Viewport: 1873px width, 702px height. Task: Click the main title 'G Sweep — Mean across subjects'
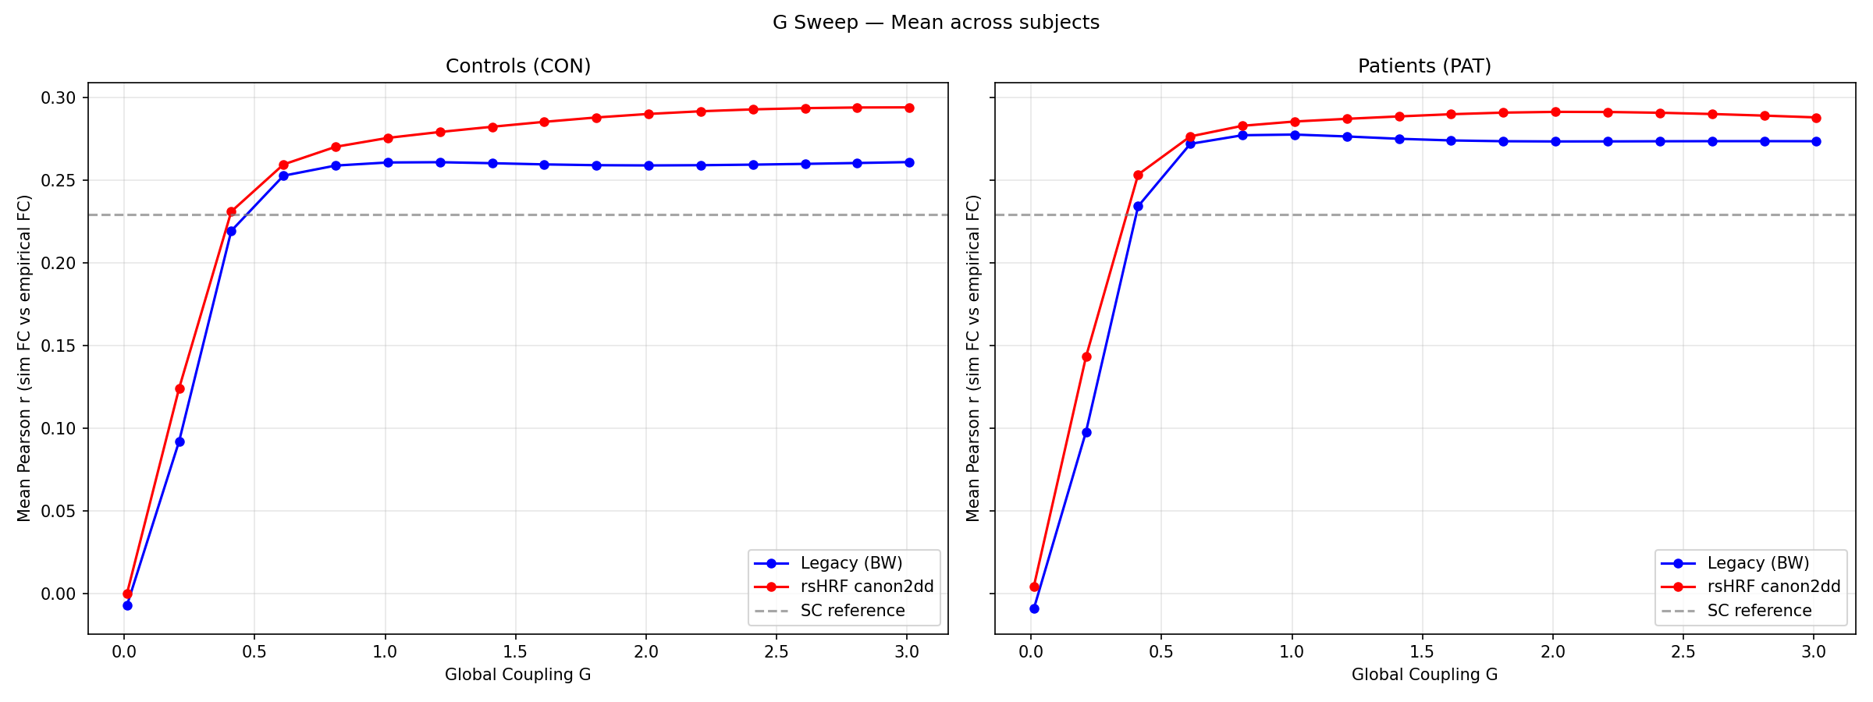tap(936, 23)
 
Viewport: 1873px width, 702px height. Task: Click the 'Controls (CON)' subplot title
tap(518, 66)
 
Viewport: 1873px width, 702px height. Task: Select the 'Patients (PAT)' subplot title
tap(1424, 66)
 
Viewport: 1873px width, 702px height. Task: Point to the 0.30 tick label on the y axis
tap(59, 98)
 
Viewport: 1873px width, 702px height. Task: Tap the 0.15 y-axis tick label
tap(59, 346)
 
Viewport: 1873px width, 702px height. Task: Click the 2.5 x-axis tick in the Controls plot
tap(776, 652)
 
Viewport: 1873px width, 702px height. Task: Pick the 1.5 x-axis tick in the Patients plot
tap(1422, 652)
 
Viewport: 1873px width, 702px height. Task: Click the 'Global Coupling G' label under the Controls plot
tap(518, 675)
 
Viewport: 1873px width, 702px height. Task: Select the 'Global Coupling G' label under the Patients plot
tap(1424, 675)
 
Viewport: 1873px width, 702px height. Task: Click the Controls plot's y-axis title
tap(24, 358)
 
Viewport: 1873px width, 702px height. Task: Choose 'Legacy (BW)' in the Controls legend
tap(851, 563)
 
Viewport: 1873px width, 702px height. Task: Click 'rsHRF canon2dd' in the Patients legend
tap(1773, 587)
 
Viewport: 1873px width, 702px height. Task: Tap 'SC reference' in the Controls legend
tap(852, 611)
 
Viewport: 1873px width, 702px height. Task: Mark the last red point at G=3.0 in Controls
tap(909, 108)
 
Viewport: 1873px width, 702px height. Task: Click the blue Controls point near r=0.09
tap(179, 441)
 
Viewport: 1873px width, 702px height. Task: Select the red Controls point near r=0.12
tap(179, 388)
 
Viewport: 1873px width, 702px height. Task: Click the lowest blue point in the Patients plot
tap(1034, 608)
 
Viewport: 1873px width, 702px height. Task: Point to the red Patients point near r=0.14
tap(1086, 356)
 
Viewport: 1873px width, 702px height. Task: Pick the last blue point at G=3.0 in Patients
tap(1816, 141)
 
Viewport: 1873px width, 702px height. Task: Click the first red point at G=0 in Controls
tap(127, 594)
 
